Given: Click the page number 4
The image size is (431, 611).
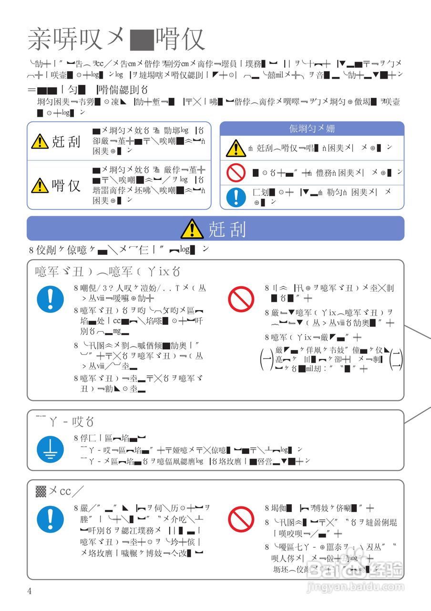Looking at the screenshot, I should coord(30,591).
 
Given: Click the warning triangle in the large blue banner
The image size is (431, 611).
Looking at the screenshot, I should coord(192,229).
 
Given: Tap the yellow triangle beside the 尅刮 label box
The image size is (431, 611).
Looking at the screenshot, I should coord(40,141).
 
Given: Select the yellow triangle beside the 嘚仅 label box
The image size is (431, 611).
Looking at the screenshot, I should coord(40,185).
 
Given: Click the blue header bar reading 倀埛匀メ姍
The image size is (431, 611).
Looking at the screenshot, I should coord(312,128).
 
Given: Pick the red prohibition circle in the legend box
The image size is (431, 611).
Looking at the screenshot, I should coord(236,172).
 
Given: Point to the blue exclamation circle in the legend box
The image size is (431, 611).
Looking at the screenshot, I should coord(236,197).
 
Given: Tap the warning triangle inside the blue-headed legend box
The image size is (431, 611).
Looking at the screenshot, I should coord(236,148).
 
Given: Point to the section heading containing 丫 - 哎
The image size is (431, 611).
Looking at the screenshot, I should coord(65,421).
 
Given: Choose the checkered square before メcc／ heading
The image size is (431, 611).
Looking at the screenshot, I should coord(41,491).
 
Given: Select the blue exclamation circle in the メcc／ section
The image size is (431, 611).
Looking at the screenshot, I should coord(50,519).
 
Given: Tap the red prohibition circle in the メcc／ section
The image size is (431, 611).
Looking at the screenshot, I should coord(241,519).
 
